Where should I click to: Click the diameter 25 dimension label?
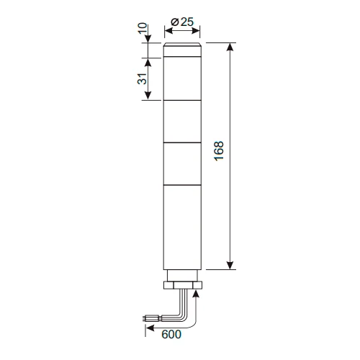click(182, 22)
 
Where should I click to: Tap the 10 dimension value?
click(143, 28)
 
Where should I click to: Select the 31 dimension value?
click(142, 78)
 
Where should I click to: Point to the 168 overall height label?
click(219, 151)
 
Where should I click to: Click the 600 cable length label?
click(171, 334)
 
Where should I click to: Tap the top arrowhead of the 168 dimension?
click(230, 47)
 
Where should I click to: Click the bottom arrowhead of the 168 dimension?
click(230, 266)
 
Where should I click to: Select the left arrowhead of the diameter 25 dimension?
click(168, 31)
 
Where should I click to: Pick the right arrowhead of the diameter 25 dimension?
click(196, 31)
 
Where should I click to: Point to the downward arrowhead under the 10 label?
click(148, 39)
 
